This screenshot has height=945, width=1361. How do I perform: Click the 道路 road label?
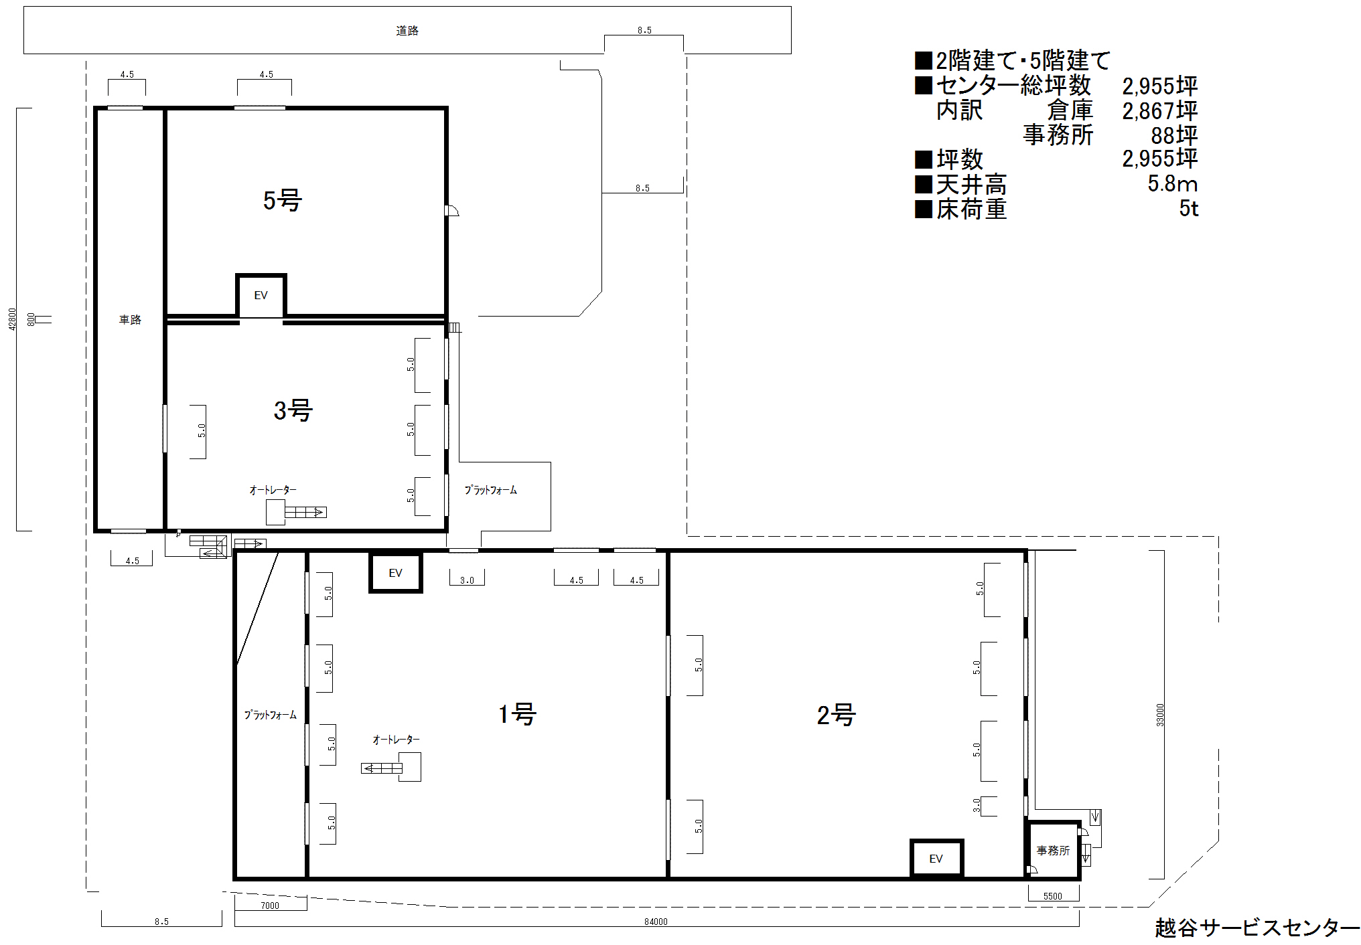pos(407,31)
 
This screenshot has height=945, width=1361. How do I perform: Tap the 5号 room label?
pos(282,200)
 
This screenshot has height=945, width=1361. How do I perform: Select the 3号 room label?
pos(293,410)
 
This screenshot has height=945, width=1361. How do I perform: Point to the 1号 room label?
pos(517,714)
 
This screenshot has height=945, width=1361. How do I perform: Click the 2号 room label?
pos(836,715)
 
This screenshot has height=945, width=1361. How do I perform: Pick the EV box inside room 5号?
pos(261,295)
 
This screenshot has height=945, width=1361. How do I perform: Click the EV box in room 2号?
pos(936,859)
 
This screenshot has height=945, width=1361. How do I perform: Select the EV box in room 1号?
pos(395,573)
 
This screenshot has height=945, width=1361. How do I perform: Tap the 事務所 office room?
pos(1053,850)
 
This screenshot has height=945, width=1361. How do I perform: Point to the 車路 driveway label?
pos(130,320)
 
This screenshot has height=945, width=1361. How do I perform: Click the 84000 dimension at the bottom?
pos(656,922)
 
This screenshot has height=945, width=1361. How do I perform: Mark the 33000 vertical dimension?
pos(1160,715)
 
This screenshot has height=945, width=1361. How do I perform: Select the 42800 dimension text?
pos(12,319)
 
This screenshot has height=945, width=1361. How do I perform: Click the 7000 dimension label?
pos(270,906)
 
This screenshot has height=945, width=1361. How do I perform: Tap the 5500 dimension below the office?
pos(1053,896)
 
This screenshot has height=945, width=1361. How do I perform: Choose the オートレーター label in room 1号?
pos(396,740)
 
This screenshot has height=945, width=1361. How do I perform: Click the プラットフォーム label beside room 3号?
pos(491,490)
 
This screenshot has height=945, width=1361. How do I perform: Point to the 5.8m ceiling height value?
pos(1172,183)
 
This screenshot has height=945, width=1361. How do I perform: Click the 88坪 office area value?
pos(1174,135)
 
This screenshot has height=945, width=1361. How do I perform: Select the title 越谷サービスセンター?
pos(1257,928)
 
